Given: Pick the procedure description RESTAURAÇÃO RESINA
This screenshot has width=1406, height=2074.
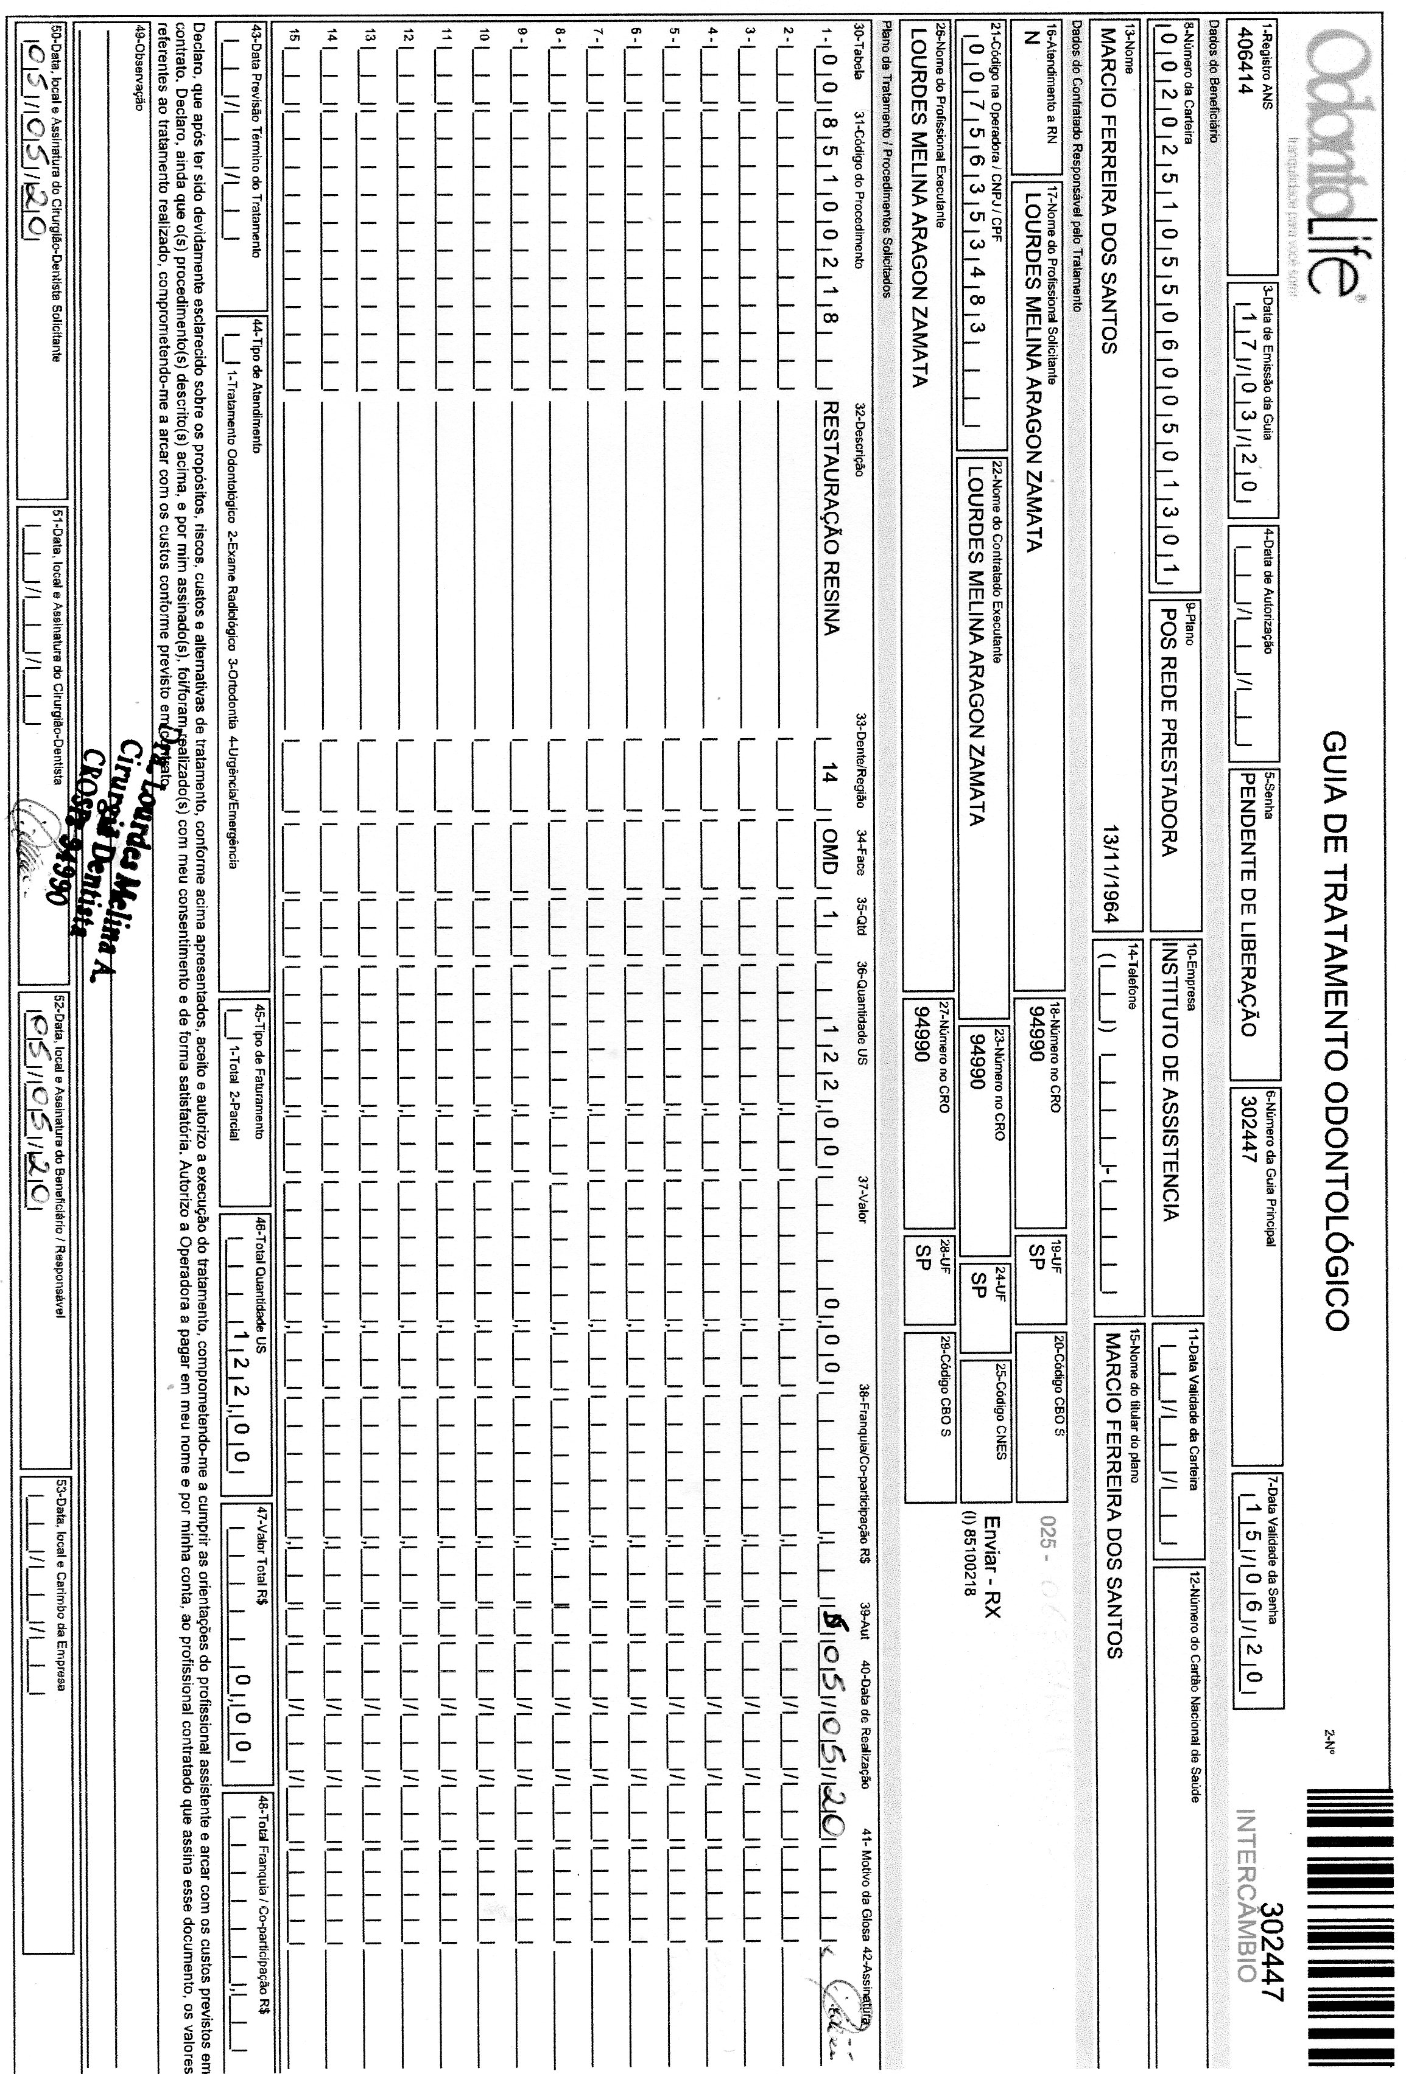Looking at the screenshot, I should click(x=828, y=518).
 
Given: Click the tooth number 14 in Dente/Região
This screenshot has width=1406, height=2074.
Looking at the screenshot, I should click(x=828, y=777).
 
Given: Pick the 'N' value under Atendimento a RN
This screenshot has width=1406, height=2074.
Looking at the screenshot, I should click(x=1027, y=37).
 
